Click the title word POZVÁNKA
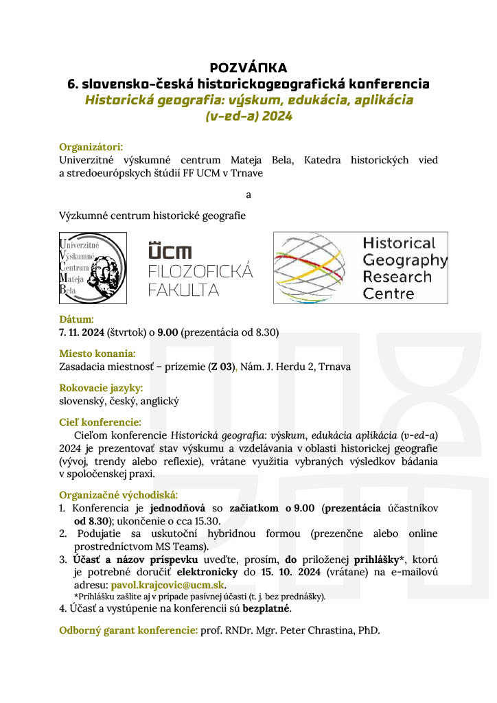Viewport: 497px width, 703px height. coord(248,67)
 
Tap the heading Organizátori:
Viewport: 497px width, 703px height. coord(91,147)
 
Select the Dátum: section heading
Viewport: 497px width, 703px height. coord(76,319)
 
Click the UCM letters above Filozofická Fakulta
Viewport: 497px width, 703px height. coord(170,252)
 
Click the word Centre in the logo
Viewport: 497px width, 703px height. coord(389,294)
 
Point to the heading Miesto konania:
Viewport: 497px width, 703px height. coord(97,354)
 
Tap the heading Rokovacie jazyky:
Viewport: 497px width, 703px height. coord(101,388)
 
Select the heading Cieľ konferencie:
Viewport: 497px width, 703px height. coord(100,422)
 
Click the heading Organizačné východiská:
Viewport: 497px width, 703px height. coord(118,494)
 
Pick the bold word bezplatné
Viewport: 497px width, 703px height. coord(266,608)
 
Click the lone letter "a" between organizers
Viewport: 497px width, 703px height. coord(248,194)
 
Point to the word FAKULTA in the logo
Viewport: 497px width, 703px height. coord(184,290)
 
